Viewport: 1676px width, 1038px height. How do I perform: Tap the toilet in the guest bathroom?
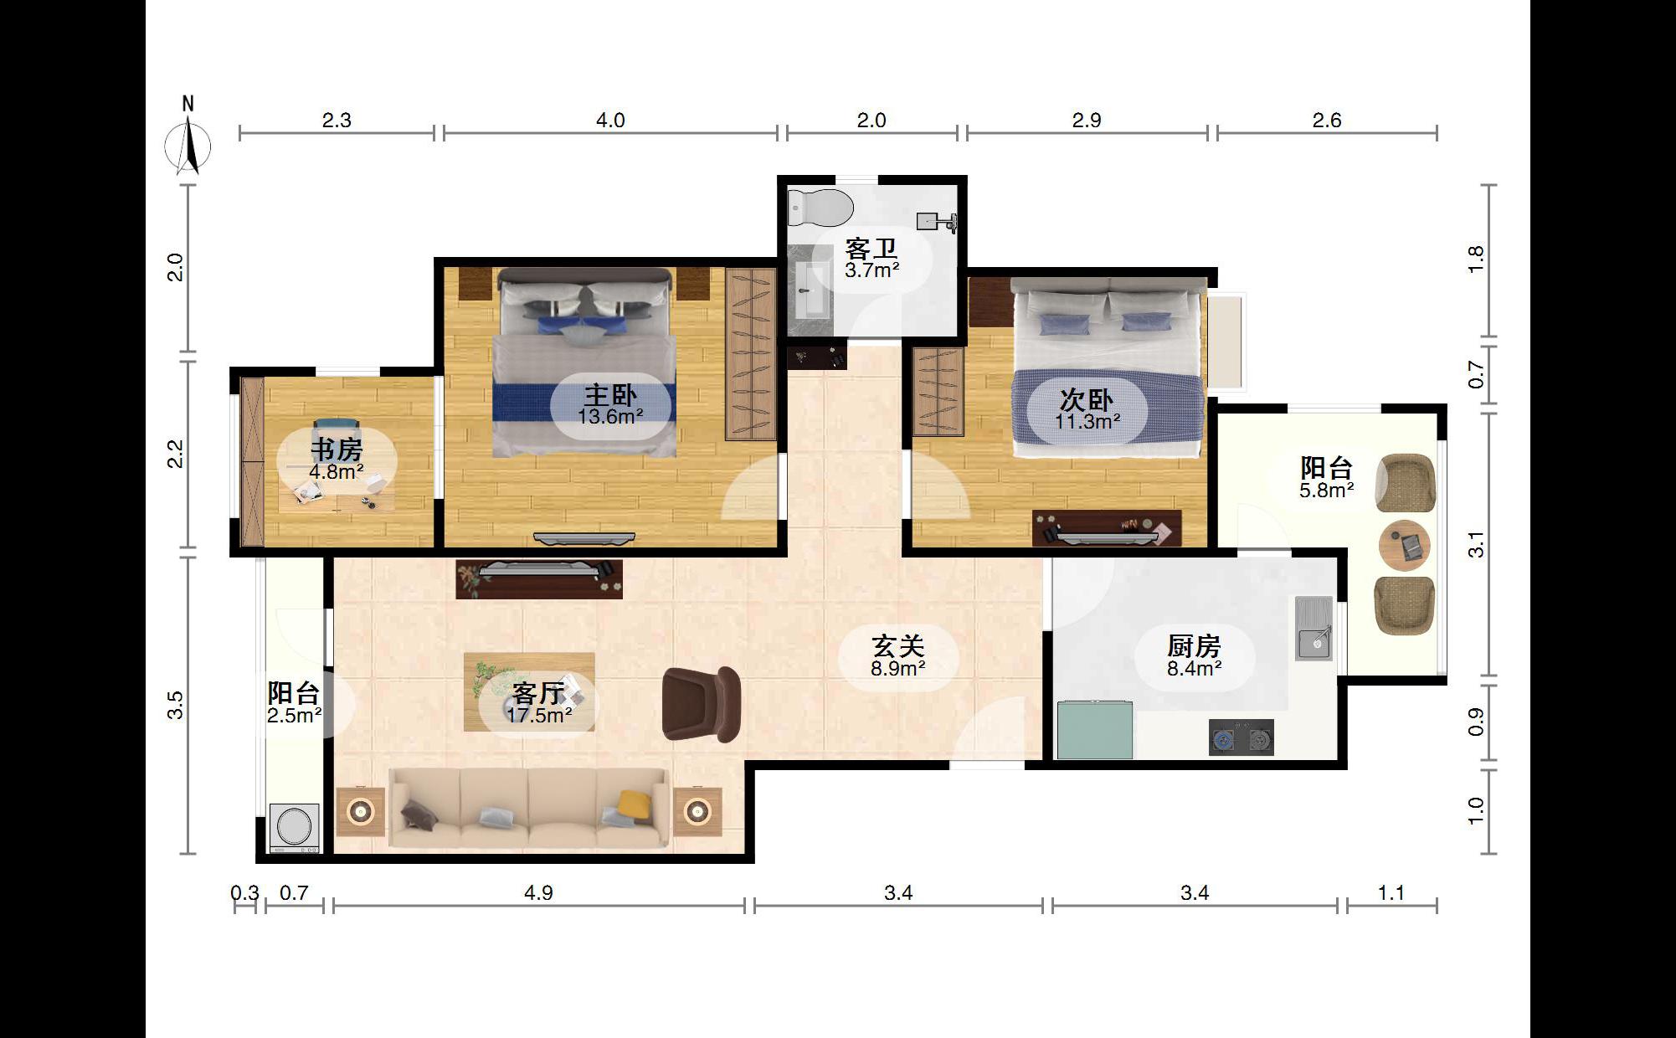tap(820, 208)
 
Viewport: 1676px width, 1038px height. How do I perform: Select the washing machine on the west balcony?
tap(295, 828)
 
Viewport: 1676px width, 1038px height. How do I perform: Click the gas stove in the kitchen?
tap(1242, 738)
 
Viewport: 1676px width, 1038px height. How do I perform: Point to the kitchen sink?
tap(1314, 629)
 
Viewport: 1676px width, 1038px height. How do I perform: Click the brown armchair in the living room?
tap(701, 704)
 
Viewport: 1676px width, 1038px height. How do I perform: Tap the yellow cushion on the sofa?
tap(635, 804)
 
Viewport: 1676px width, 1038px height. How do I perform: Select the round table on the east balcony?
tap(1405, 545)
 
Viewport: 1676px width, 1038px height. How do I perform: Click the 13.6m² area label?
tap(610, 416)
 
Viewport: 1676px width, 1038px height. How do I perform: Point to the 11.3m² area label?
tap(1087, 421)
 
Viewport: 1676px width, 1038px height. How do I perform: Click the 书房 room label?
tap(337, 450)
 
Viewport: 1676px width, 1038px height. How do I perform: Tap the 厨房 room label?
tap(1195, 646)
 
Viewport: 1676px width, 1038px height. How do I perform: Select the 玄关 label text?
tap(898, 646)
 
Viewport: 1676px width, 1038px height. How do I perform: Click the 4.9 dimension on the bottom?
tap(538, 893)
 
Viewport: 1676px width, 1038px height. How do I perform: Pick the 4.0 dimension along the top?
tap(610, 121)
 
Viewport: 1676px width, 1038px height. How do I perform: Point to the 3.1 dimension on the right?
tap(1476, 544)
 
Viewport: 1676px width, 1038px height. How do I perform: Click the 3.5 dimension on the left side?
tap(175, 705)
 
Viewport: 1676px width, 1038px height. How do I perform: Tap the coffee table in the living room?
tap(530, 691)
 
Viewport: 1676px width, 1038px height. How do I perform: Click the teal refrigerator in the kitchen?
tap(1095, 730)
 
